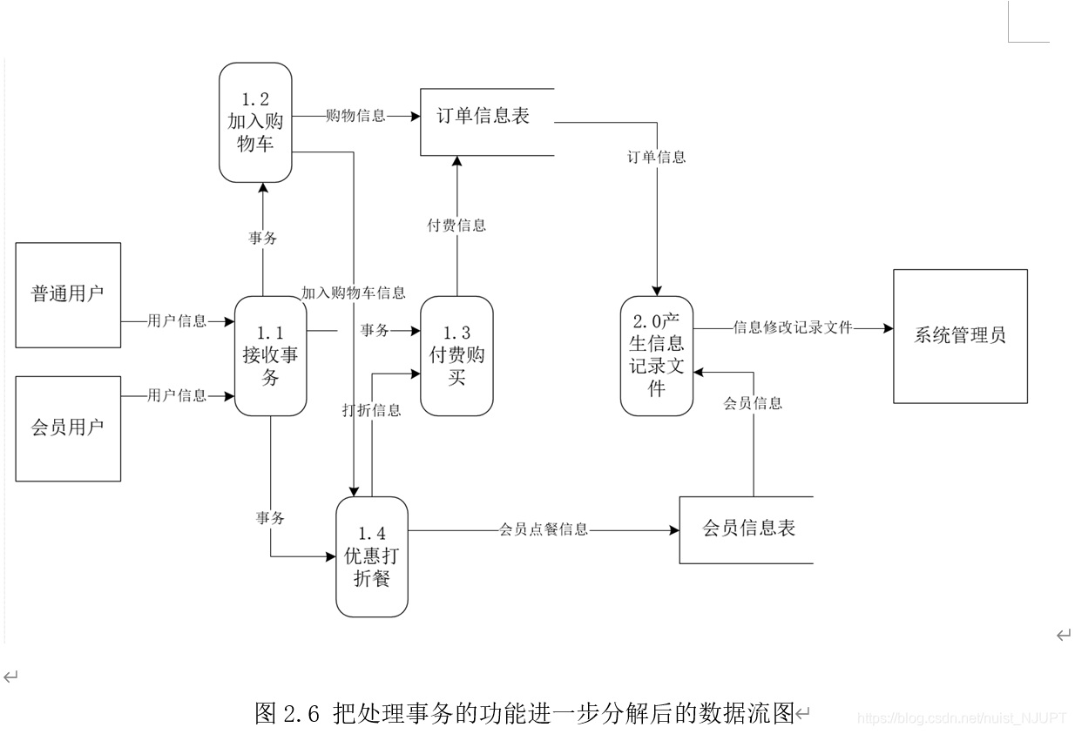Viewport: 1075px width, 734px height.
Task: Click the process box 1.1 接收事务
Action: tap(270, 355)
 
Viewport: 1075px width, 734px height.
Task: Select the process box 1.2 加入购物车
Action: tap(255, 122)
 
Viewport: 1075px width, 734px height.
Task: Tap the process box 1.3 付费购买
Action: tap(456, 355)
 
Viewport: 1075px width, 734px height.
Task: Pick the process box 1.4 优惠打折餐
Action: tap(372, 556)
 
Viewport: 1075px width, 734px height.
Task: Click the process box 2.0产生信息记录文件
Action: tap(657, 355)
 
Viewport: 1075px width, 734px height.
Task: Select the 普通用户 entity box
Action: tap(68, 294)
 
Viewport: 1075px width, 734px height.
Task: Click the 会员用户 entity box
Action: tap(68, 428)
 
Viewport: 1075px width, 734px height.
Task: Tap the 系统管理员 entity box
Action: tap(960, 336)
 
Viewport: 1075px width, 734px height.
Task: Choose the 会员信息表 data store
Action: tap(747, 529)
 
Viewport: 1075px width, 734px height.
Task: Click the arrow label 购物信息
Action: tap(355, 115)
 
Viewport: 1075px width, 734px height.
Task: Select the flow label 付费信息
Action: tap(456, 226)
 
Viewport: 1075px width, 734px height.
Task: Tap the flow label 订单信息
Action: tap(657, 158)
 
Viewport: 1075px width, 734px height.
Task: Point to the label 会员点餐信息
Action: tap(544, 529)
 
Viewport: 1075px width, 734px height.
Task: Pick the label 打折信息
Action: tap(372, 410)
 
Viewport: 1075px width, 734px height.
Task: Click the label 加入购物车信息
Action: tap(354, 293)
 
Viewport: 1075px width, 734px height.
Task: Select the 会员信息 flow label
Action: tap(753, 403)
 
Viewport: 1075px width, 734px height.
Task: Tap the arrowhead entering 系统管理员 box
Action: tap(888, 328)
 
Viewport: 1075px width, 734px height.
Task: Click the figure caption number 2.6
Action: tap(303, 714)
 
